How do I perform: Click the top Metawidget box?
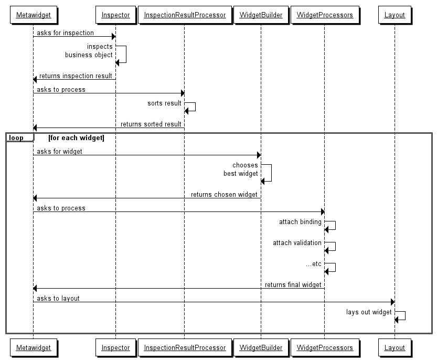33,15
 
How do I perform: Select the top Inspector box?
115,15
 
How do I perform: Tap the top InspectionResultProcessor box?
184,15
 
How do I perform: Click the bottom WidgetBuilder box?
261,347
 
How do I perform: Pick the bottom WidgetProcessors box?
324,347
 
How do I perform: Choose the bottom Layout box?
395,347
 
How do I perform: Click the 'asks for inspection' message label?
65,33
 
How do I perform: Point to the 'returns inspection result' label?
76,76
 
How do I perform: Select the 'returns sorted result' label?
151,124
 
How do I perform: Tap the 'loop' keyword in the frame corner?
16,138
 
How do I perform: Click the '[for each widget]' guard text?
76,138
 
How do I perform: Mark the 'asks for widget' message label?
59,152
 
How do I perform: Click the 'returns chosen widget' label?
224,195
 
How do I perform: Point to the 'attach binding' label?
300,222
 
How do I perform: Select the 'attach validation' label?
297,243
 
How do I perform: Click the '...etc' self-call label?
313,264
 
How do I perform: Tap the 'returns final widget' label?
293,285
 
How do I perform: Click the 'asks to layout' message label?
58,299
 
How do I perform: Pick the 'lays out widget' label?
369,312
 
